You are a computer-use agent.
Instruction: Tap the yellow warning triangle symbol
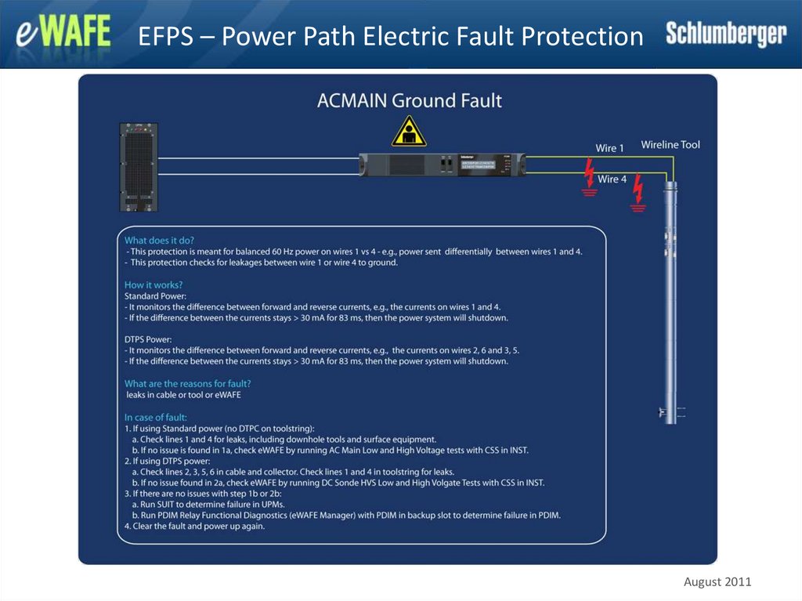[409, 132]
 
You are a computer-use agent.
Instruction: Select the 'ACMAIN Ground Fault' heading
[409, 100]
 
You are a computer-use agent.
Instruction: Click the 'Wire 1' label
[610, 147]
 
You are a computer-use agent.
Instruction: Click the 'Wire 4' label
[612, 179]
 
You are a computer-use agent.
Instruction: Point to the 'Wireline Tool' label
[670, 145]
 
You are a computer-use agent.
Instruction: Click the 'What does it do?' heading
[159, 240]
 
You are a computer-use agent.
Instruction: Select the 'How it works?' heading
[154, 284]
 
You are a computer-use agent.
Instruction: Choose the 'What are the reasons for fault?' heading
[187, 383]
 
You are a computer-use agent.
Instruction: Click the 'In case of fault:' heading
[155, 417]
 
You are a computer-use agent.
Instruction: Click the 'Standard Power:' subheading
[155, 296]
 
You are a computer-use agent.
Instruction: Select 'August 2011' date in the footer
[717, 581]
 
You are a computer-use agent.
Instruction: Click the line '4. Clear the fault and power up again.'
[194, 527]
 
